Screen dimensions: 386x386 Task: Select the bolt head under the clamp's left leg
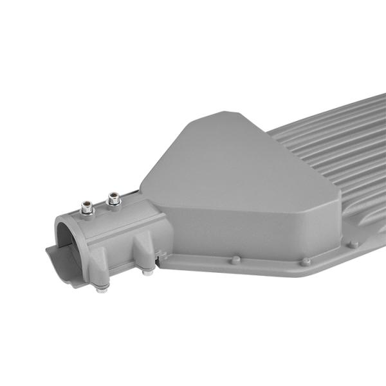[x=102, y=288]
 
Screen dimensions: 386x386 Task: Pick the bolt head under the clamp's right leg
[x=148, y=271]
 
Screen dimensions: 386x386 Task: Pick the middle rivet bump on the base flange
[x=306, y=261]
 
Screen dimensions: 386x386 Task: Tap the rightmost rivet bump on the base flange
[x=353, y=244]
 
